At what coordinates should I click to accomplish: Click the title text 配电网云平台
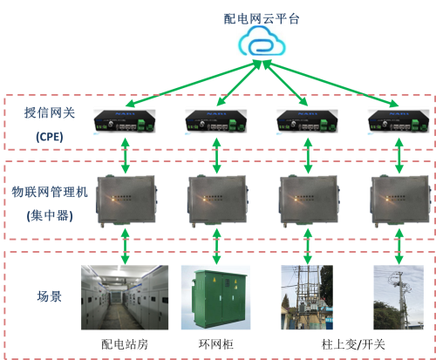pyautogui.click(x=262, y=17)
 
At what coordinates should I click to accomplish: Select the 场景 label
pyautogui.click(x=49, y=296)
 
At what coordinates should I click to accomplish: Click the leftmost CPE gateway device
pyautogui.click(x=125, y=121)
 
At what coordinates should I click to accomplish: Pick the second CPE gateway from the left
pyautogui.click(x=215, y=121)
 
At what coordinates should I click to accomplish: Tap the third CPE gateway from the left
pyautogui.click(x=307, y=121)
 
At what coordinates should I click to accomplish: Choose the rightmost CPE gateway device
pyautogui.click(x=398, y=121)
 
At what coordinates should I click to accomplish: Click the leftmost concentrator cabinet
pyautogui.click(x=126, y=200)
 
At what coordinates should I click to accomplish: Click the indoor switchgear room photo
pyautogui.click(x=125, y=296)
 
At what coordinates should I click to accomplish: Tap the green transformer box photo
pyautogui.click(x=215, y=296)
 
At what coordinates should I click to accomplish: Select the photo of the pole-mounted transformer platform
pyautogui.click(x=307, y=296)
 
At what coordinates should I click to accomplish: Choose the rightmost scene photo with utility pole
pyautogui.click(x=399, y=296)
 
